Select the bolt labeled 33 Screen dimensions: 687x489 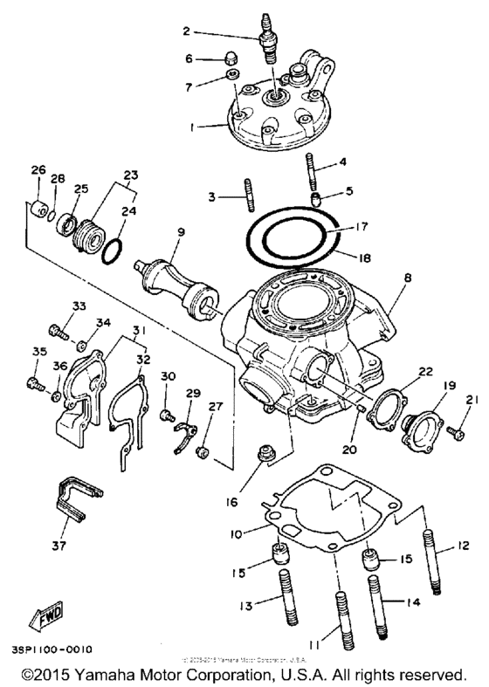click(57, 333)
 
